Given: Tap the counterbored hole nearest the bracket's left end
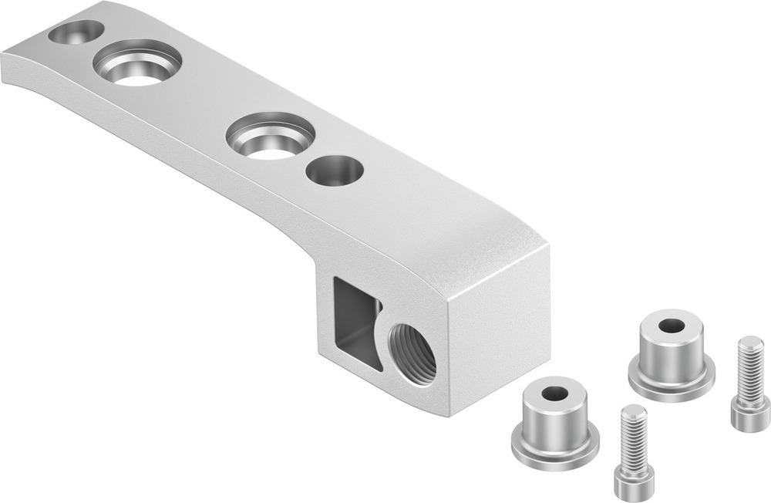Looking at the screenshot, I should (x=137, y=62).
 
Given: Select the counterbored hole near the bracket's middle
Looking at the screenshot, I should (x=270, y=137).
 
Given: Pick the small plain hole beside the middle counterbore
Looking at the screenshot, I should (x=334, y=170).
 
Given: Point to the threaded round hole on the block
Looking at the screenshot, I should (x=411, y=353).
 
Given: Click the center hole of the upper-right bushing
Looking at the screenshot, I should (x=672, y=326).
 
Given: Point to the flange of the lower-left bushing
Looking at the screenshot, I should (x=555, y=451).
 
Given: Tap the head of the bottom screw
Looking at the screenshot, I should (x=634, y=482).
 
